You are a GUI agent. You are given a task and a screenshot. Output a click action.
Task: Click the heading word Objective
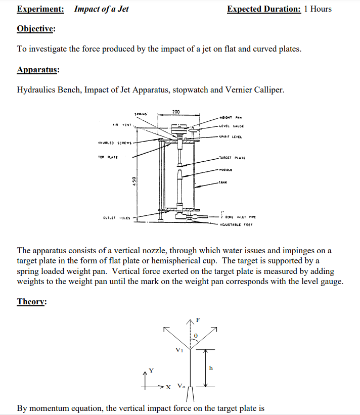[35, 29]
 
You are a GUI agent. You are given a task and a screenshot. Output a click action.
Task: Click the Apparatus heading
[37, 70]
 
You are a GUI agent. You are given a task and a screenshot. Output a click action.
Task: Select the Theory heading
[31, 302]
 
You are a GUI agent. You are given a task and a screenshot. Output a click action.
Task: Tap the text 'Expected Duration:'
[264, 9]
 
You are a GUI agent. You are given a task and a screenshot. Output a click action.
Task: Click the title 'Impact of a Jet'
[101, 9]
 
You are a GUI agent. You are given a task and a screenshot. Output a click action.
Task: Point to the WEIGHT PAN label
[231, 118]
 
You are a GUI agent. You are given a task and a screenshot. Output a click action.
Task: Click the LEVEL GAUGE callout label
[232, 126]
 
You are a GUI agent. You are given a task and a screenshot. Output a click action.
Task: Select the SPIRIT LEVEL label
[231, 136]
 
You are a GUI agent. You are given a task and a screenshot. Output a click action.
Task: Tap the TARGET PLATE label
[232, 158]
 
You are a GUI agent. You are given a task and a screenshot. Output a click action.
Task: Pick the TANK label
[223, 183]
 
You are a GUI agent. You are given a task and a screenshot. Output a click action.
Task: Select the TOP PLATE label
[108, 157]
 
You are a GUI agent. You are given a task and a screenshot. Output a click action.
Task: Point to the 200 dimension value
[176, 111]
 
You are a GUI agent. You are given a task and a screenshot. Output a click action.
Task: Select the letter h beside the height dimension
[211, 368]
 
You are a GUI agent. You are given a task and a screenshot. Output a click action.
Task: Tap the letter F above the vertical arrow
[198, 320]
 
